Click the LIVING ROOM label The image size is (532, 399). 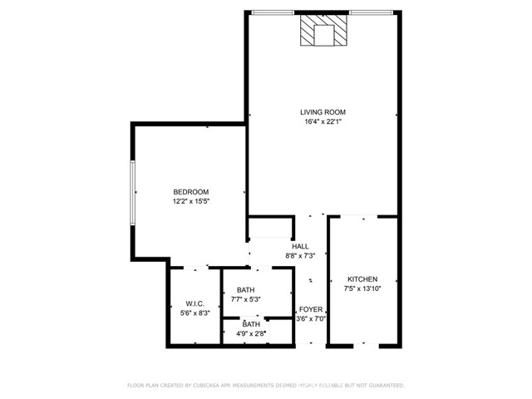323,112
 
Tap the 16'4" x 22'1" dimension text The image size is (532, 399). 323,121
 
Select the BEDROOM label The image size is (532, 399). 191,192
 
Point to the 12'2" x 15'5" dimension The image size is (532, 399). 191,201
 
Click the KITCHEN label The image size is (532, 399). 362,279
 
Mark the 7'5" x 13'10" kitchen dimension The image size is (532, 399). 362,288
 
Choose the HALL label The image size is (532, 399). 300,246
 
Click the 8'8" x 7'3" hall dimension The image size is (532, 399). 300,255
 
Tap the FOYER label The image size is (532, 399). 311,309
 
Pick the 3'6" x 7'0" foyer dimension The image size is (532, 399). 311,318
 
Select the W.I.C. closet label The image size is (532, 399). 195,303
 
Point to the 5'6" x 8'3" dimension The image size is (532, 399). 195,313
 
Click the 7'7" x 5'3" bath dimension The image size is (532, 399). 246,299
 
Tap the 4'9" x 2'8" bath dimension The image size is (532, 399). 251,333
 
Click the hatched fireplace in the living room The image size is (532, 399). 323,30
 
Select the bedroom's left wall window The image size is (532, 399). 133,192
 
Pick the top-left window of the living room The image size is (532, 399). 273,13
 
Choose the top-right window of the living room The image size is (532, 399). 372,13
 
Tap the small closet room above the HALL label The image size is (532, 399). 271,228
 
